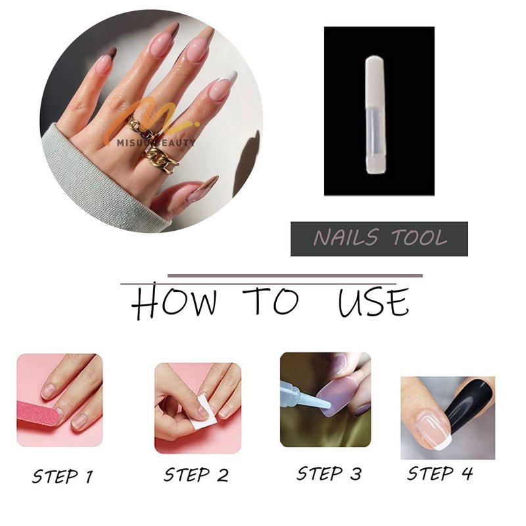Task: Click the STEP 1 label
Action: click(62, 476)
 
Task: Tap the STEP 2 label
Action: click(196, 475)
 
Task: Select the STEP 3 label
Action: click(329, 473)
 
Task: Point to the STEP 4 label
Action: click(440, 473)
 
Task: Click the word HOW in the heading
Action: click(174, 300)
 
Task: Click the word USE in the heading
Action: click(373, 301)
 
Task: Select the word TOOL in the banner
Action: click(419, 237)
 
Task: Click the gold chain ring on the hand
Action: click(162, 160)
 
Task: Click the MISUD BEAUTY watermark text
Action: click(156, 143)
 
